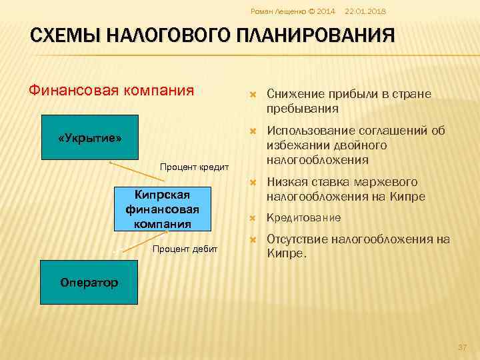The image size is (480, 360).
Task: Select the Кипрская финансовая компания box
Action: coord(161,208)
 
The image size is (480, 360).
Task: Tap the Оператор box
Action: coord(89,282)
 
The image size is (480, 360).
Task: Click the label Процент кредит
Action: coord(194,166)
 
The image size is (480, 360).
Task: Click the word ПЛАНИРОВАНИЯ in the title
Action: coord(313,35)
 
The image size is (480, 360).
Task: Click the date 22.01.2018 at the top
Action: coord(366,11)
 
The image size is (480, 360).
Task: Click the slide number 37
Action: coord(461,347)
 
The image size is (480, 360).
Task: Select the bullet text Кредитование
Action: coord(303,217)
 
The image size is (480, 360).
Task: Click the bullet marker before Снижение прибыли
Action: coord(253,95)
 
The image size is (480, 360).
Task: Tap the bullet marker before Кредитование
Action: coord(253,218)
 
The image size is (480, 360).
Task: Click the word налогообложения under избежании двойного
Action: coord(317,160)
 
